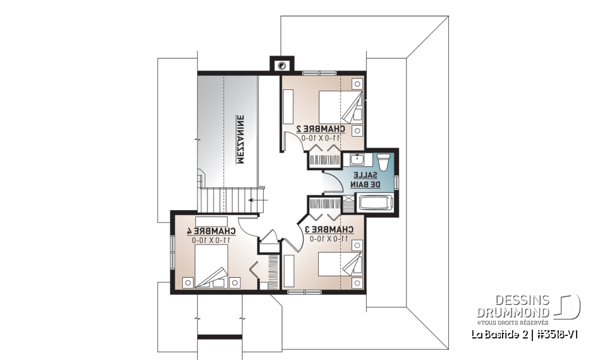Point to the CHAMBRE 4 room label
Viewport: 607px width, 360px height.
211,231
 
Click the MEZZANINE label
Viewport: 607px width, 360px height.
240,139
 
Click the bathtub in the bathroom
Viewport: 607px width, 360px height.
376,203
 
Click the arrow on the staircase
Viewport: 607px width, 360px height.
257,200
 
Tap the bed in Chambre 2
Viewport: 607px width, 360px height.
340,106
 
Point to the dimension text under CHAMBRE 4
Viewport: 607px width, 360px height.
211,240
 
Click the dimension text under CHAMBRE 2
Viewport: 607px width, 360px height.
321,137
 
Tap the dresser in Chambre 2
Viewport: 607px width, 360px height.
288,106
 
